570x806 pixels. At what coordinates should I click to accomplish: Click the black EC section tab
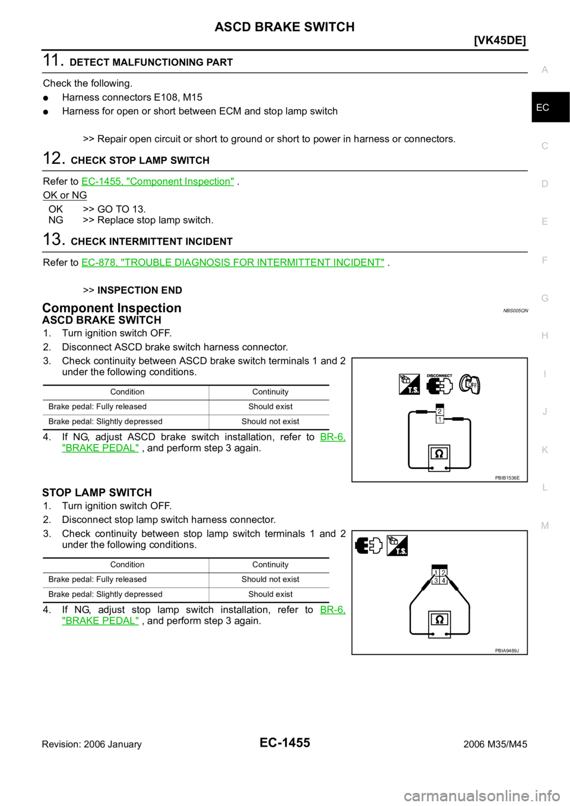(550, 107)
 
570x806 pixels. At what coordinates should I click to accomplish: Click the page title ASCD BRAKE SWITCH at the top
(284, 27)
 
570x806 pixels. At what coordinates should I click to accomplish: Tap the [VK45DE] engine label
(500, 41)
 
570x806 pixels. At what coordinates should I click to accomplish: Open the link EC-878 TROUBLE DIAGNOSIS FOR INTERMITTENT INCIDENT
(233, 262)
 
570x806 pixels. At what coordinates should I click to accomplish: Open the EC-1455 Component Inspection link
(157, 181)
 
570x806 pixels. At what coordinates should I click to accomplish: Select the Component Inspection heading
(112, 308)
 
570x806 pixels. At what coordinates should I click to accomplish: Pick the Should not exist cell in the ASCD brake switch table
(270, 421)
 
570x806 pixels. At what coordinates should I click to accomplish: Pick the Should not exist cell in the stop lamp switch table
(270, 579)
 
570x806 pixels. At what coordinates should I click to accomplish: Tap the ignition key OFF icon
(470, 385)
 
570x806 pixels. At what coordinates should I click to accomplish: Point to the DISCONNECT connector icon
(439, 384)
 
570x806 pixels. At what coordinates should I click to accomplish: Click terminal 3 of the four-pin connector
(436, 580)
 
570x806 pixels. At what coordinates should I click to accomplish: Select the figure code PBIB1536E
(507, 478)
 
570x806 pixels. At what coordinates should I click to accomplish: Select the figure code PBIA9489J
(507, 650)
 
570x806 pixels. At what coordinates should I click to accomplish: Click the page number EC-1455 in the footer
(284, 742)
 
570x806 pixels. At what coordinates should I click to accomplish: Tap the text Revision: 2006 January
(92, 744)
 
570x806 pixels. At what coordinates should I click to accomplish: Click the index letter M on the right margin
(545, 526)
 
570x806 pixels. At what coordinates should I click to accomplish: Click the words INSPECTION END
(140, 290)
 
